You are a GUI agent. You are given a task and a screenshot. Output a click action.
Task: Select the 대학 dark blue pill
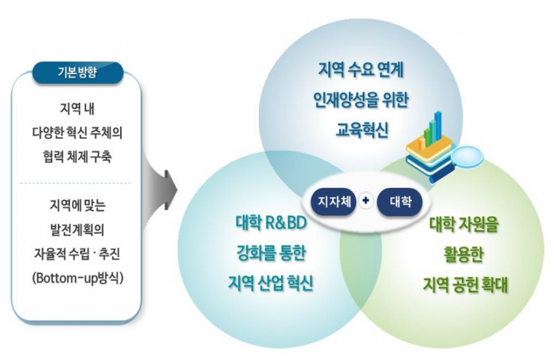point(402,202)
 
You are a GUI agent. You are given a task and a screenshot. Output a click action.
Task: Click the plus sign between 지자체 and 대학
point(366,202)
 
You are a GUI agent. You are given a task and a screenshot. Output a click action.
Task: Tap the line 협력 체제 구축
point(78,158)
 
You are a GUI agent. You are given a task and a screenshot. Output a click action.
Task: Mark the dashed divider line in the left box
point(78,183)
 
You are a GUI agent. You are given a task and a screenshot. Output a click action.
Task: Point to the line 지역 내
point(78,108)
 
